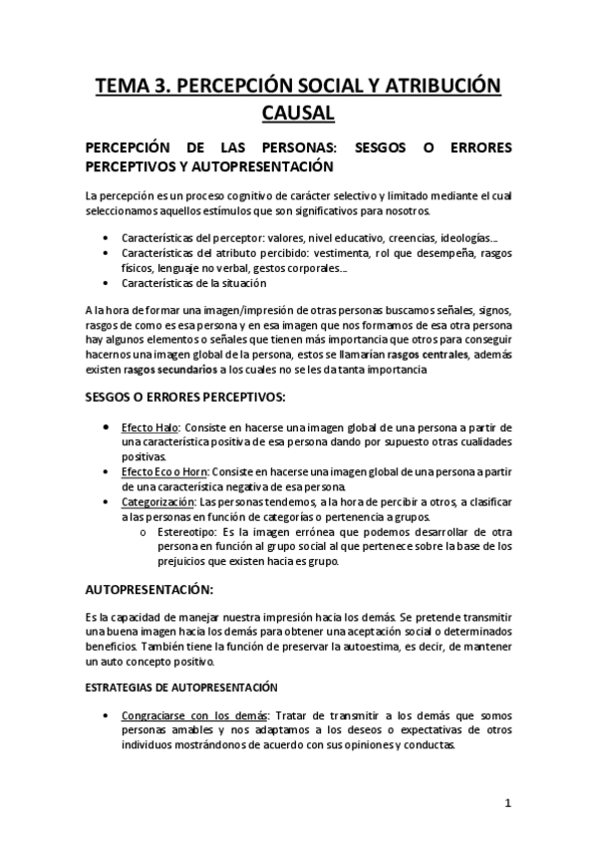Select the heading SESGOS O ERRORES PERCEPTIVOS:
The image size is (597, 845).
coord(185,397)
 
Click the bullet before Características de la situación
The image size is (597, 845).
coord(108,282)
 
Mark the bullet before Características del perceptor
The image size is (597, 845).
coord(108,239)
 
